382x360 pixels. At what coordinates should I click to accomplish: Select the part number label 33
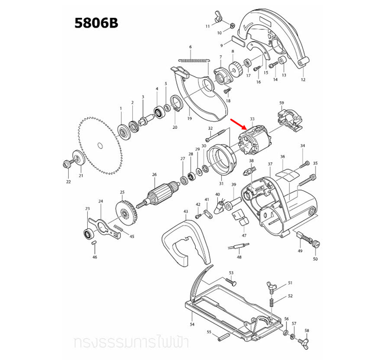(252, 119)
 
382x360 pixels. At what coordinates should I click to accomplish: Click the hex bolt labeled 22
(66, 165)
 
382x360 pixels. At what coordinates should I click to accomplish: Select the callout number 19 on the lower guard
(190, 119)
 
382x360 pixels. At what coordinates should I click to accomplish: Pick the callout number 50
(315, 259)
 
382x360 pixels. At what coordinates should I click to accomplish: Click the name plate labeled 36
(287, 173)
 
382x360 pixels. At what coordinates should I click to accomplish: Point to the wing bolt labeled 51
(275, 287)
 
